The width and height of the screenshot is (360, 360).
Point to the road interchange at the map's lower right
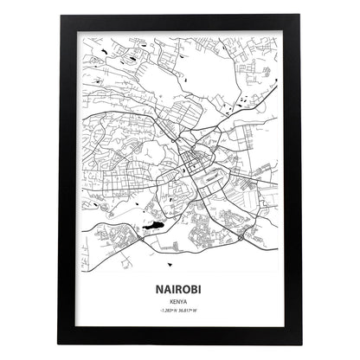point(240,233)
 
